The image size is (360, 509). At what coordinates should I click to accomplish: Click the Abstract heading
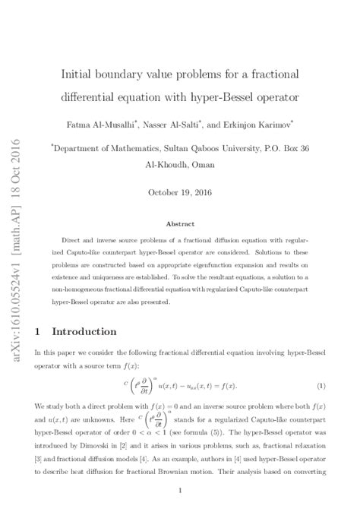click(x=181, y=224)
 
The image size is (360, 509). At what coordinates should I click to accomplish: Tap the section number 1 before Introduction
click(x=38, y=332)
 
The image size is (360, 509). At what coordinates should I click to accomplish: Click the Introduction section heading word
click(x=84, y=332)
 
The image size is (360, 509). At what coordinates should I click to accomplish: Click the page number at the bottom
click(x=179, y=491)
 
